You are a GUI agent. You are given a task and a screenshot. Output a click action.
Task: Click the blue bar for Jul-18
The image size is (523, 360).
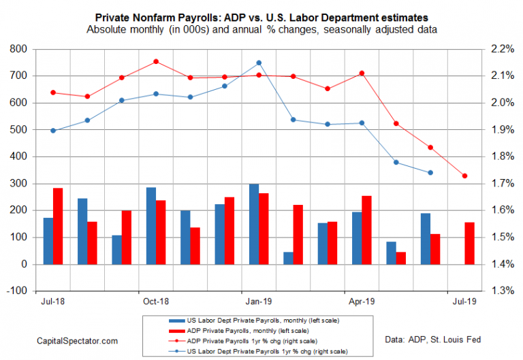[x=48, y=241]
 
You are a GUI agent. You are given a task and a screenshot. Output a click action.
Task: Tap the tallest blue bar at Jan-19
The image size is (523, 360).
[x=253, y=224]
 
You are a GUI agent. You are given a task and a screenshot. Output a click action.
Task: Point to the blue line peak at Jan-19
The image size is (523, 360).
[x=258, y=63]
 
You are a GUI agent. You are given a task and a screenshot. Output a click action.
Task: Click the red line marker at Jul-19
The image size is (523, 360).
[x=464, y=176]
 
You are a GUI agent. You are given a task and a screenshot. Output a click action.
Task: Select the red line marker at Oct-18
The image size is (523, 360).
[x=156, y=61]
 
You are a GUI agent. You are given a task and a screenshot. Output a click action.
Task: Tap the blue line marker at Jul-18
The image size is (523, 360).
[x=53, y=131]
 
